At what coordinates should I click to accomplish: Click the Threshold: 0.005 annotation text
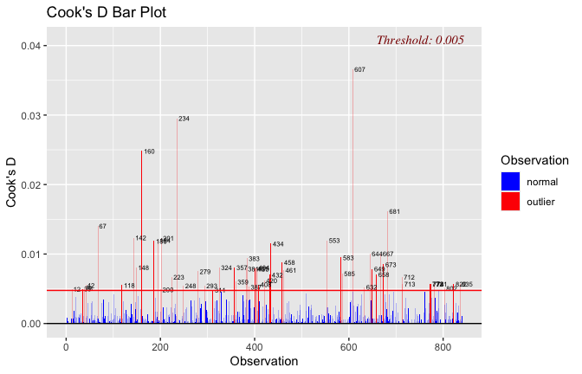tap(420, 40)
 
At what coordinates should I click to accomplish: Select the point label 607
tap(359, 69)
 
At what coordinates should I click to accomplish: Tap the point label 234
tap(184, 119)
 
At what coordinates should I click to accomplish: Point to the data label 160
tap(149, 152)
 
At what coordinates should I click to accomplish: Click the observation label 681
tap(394, 212)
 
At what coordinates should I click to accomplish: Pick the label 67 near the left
tap(102, 227)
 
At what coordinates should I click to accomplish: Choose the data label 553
tap(334, 241)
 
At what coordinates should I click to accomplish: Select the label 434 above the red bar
tap(278, 244)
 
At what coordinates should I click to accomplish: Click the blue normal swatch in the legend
tap(510, 181)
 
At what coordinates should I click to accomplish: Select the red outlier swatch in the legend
tap(510, 201)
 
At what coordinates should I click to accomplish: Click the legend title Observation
tap(534, 160)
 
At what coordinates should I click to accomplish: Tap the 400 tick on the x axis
tap(255, 346)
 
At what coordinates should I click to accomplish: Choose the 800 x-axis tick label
tap(443, 346)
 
